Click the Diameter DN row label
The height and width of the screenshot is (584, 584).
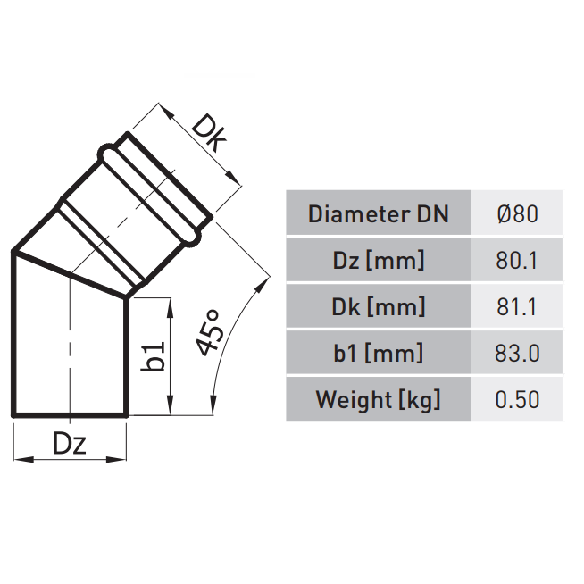(x=378, y=214)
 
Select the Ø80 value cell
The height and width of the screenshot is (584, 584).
(x=517, y=214)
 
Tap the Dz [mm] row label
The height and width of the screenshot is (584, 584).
(x=378, y=261)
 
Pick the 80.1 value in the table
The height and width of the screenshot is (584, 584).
(x=517, y=261)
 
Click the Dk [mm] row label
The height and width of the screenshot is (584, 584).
(x=378, y=307)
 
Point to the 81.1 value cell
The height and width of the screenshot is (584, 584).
(x=517, y=307)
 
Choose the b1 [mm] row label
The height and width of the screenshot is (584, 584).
(x=378, y=353)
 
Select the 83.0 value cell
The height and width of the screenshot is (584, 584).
(x=517, y=353)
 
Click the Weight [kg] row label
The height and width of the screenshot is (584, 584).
(x=378, y=399)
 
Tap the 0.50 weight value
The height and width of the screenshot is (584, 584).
(x=517, y=399)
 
